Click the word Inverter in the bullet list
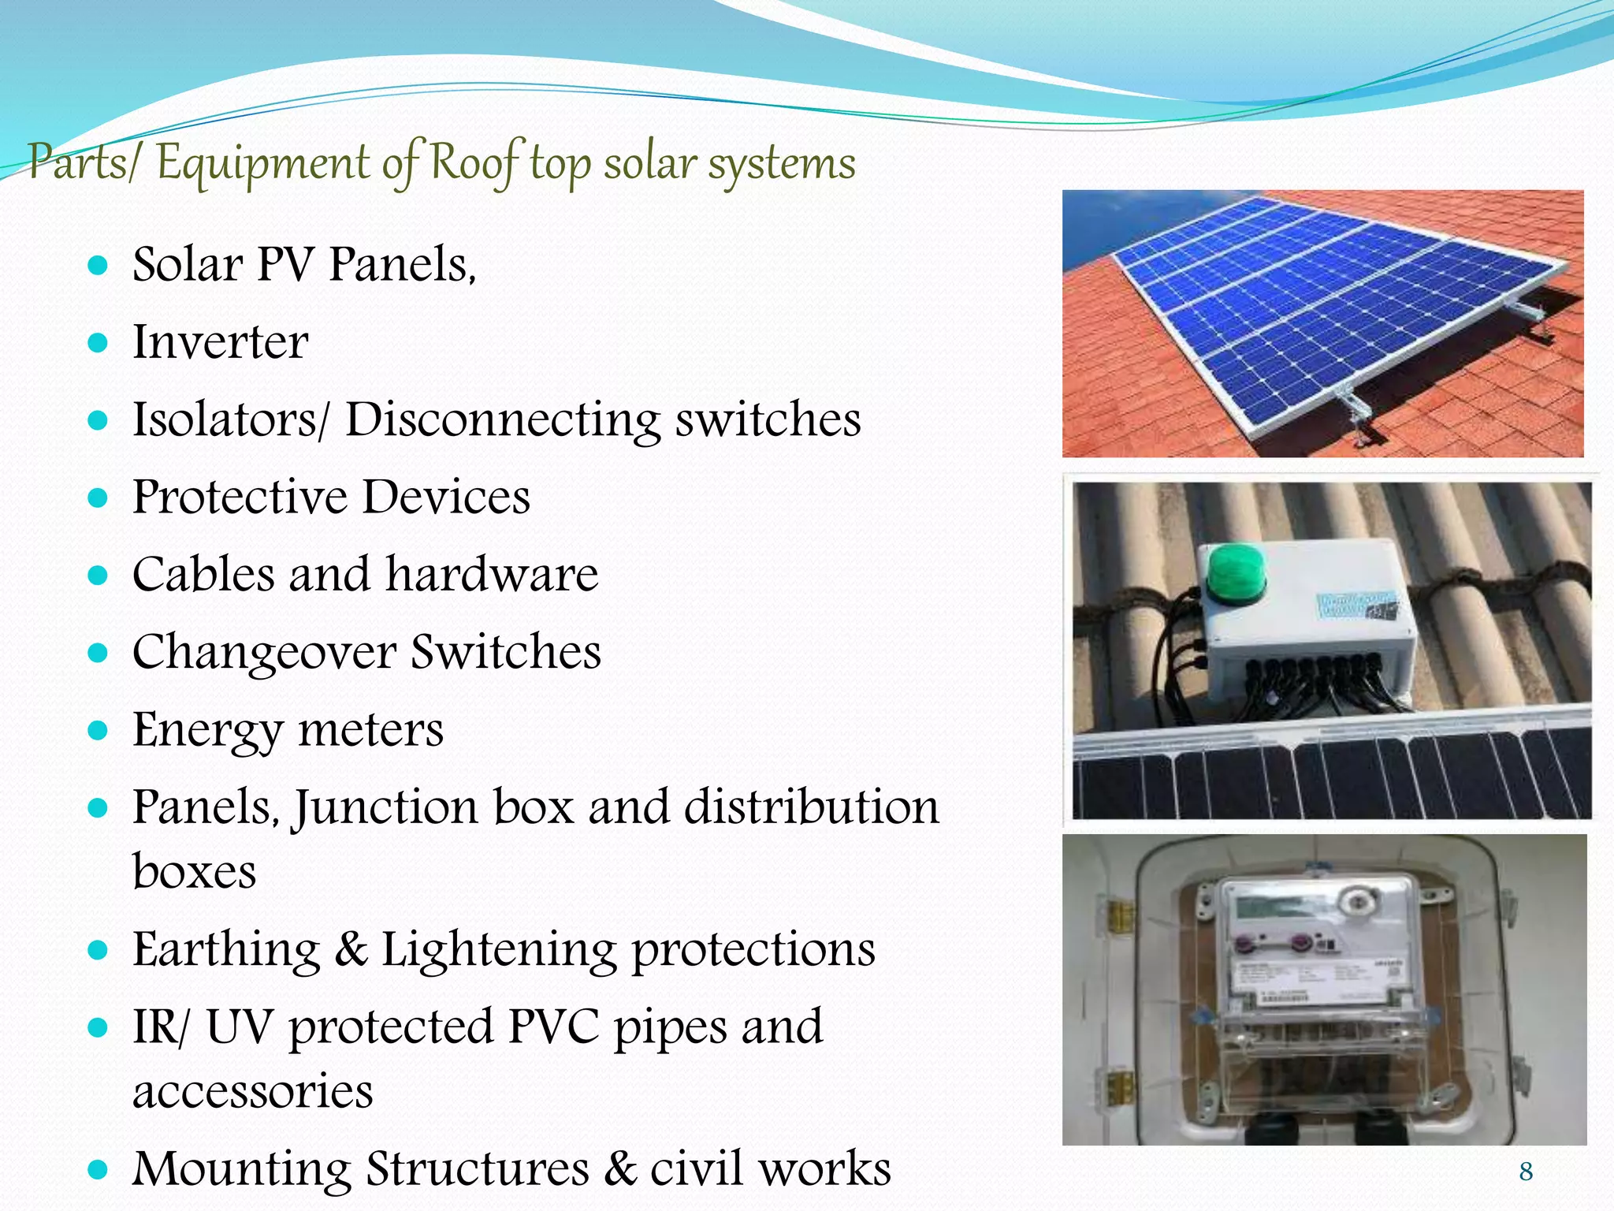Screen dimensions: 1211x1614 pos(220,342)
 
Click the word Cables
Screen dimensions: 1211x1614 pos(203,574)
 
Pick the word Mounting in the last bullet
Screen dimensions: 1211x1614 pos(241,1168)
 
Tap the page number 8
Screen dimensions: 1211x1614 pos(1526,1172)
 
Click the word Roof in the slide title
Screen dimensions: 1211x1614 pos(475,162)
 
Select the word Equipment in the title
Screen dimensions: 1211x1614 pos(262,164)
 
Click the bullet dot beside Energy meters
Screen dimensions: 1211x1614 pos(98,730)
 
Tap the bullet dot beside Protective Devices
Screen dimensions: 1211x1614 pos(98,497)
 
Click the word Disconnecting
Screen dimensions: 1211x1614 pos(503,419)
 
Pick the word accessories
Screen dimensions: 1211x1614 pos(252,1091)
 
